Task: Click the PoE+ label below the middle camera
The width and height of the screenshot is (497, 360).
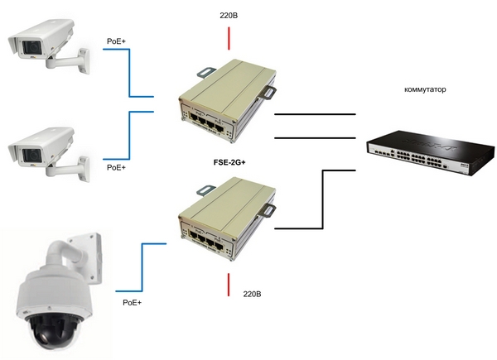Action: point(117,167)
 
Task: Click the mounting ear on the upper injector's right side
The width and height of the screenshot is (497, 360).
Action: point(268,92)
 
